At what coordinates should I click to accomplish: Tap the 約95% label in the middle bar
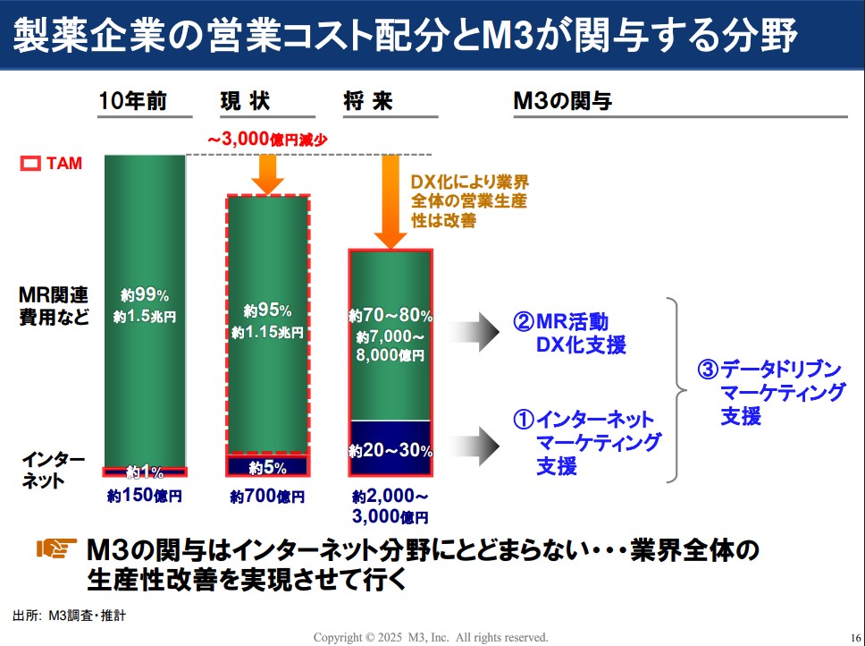coord(267,311)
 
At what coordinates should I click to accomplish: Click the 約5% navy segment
coord(267,466)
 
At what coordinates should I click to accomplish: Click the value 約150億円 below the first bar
coord(145,495)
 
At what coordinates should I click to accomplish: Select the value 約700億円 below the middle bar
coord(267,496)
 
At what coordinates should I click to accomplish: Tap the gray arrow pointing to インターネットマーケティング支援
coord(473,441)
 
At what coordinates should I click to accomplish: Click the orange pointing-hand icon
coord(55,548)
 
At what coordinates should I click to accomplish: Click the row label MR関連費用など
coord(55,305)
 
